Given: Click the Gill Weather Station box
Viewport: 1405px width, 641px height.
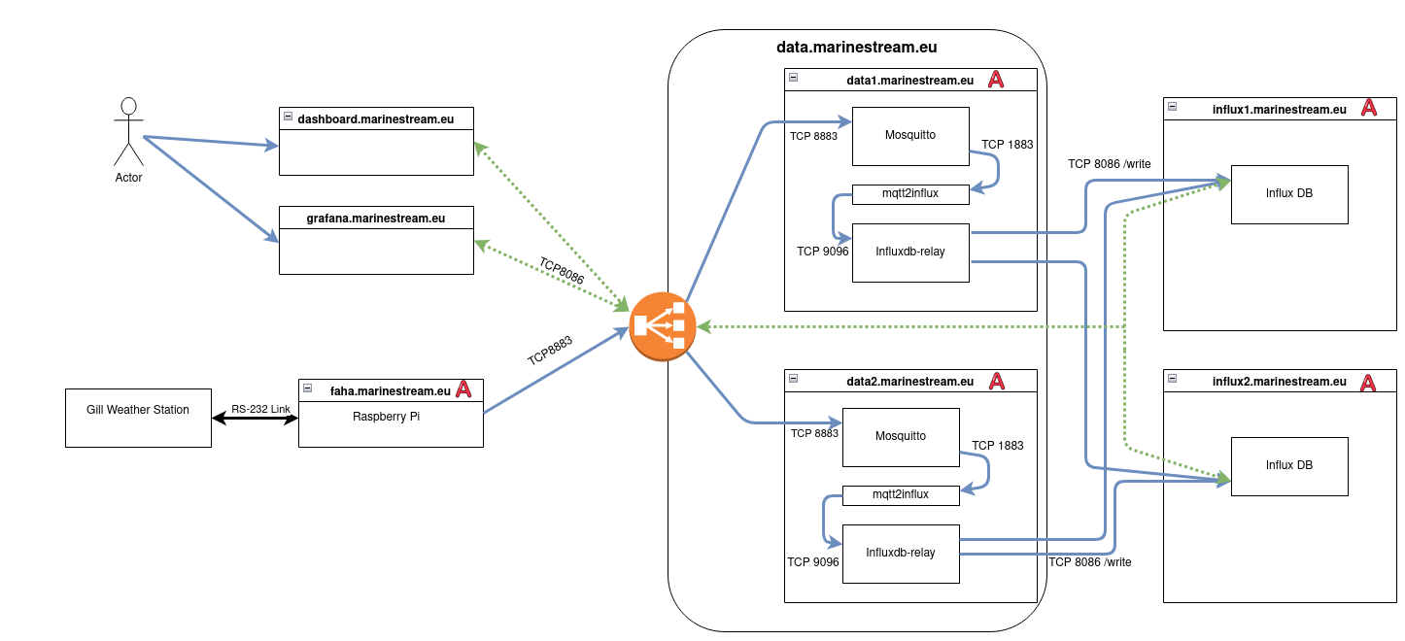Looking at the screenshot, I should [138, 418].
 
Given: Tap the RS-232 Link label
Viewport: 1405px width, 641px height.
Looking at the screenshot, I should [260, 410].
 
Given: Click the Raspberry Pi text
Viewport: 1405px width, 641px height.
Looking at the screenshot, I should [390, 416].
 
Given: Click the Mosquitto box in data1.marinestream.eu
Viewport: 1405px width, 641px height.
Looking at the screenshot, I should [910, 136].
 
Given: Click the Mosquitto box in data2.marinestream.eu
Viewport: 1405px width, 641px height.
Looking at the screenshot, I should [901, 437].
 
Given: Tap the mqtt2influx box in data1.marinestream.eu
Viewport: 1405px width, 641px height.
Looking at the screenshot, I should [910, 194].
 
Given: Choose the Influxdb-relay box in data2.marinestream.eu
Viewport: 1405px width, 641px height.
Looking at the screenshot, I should [901, 554].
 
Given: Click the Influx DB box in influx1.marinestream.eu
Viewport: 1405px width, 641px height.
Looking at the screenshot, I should [1289, 194].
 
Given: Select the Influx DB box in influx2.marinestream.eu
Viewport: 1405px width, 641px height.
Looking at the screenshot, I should [1289, 466].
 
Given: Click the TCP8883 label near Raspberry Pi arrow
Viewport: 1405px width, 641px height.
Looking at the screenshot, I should [550, 351].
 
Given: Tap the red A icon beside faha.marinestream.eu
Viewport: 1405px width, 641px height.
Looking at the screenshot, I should [463, 390].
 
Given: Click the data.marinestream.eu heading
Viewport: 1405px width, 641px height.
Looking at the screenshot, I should [856, 47].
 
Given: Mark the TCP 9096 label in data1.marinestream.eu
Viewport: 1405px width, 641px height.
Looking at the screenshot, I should [823, 252].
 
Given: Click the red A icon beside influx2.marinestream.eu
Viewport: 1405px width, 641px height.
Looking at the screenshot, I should [1367, 382].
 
